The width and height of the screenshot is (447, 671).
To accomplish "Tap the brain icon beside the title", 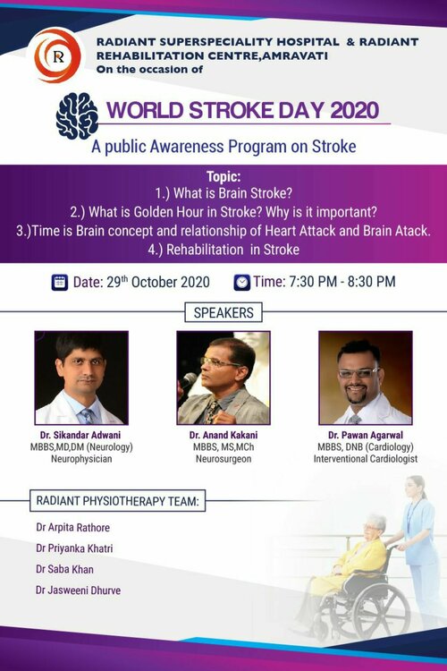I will tap(77, 115).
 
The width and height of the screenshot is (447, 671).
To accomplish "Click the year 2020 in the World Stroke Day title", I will tap(342, 112).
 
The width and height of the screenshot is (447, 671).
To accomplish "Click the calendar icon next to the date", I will tap(60, 282).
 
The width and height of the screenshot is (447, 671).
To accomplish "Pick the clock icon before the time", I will tap(242, 282).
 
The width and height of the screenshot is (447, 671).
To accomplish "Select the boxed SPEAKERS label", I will tap(223, 313).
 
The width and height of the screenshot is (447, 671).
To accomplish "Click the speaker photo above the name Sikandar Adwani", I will tap(81, 378).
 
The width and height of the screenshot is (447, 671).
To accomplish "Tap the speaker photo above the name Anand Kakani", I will tap(223, 378).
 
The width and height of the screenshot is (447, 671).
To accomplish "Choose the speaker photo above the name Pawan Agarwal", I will tap(365, 378).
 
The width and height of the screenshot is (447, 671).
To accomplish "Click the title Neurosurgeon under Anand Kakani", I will tap(223, 458).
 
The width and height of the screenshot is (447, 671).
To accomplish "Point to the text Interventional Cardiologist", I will tap(365, 458).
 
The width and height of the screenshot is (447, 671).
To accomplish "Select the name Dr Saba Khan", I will tap(65, 569).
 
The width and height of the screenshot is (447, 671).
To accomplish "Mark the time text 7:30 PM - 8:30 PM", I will tap(324, 282).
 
